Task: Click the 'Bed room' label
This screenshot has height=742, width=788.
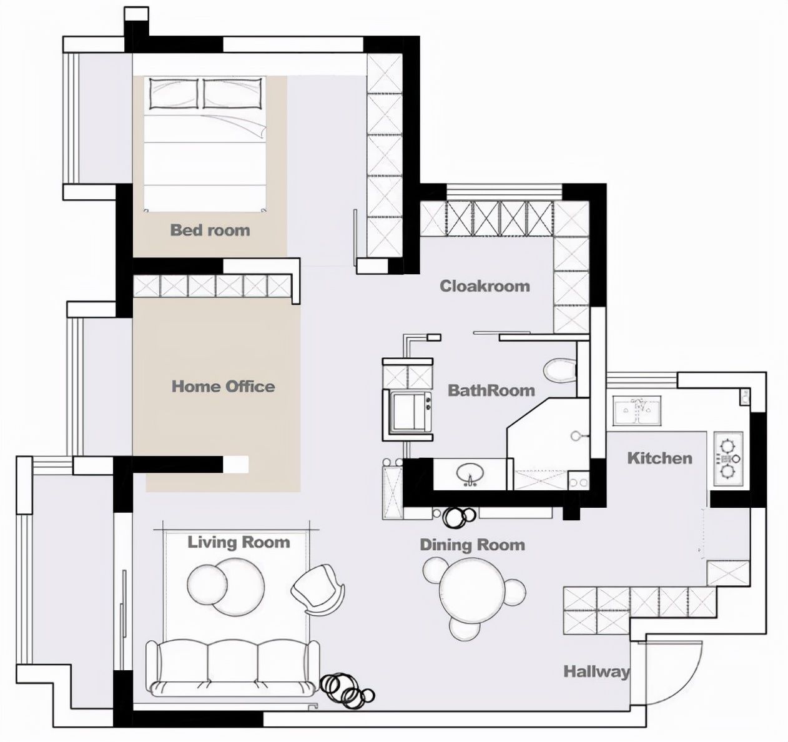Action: coord(210,230)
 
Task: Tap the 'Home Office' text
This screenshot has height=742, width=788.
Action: coord(223,386)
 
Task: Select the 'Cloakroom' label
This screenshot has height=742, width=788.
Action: coord(485,286)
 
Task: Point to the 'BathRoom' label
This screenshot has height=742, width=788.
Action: coord(491,390)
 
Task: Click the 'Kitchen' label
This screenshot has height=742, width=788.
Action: coord(660,458)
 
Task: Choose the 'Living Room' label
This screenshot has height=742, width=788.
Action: coord(239,542)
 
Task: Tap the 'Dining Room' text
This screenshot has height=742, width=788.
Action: coord(472,545)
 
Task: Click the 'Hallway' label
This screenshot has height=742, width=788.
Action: coord(596,671)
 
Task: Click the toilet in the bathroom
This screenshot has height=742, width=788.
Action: coord(559,370)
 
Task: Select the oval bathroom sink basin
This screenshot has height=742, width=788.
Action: coord(470,473)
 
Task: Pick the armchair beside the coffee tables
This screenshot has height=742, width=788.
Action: coord(318,590)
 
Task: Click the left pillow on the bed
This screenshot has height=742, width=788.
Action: coord(174,93)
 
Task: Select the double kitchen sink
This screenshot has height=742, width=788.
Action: coord(636,410)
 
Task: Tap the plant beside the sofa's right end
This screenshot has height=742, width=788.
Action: coord(347,691)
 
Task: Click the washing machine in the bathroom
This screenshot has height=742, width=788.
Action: coord(410,412)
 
